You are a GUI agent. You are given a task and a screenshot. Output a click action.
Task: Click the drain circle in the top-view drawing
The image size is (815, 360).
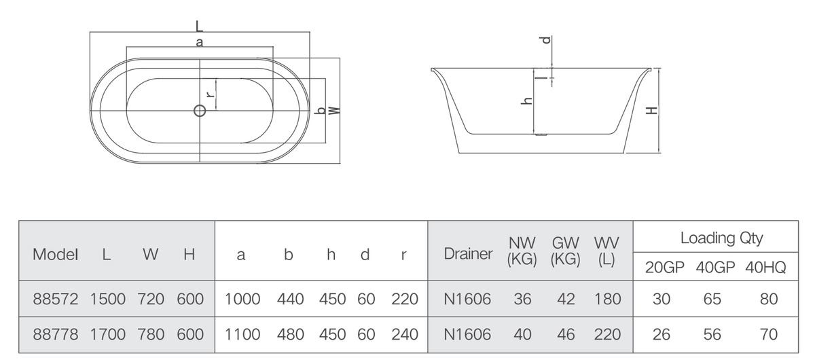tap(200, 110)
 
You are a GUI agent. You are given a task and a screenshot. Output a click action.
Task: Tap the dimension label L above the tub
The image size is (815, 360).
tap(199, 26)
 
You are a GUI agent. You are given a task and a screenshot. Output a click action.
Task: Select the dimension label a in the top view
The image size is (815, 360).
tap(199, 42)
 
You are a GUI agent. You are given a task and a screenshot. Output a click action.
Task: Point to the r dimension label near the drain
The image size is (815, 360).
tap(210, 94)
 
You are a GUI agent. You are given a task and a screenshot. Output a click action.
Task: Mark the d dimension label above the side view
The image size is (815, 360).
tap(546, 40)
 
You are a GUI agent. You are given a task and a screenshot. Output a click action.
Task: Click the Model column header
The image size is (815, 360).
tap(55, 255)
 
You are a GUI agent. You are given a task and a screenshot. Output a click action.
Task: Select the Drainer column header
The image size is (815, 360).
tap(468, 254)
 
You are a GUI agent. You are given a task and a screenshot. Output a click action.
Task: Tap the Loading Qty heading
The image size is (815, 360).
tap(721, 238)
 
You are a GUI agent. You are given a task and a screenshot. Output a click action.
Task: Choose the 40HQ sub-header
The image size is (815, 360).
tap(765, 268)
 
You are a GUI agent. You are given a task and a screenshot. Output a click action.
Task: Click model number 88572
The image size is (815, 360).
tap(55, 300)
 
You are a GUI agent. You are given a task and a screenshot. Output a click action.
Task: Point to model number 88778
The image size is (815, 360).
tap(55, 334)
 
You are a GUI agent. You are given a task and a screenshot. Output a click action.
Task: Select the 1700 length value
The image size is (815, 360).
tap(108, 334)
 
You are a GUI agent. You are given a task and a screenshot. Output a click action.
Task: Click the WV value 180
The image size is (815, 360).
tap(607, 300)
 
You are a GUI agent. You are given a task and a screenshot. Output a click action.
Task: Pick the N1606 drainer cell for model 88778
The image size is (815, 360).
tap(467, 334)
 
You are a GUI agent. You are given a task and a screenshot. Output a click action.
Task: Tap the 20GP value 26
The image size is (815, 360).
tap(661, 334)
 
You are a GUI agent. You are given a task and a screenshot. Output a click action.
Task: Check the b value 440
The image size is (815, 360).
tap(291, 300)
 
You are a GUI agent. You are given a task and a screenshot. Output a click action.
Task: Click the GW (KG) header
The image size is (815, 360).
tap(565, 251)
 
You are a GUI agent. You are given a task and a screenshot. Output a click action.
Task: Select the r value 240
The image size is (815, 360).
tap(405, 334)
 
